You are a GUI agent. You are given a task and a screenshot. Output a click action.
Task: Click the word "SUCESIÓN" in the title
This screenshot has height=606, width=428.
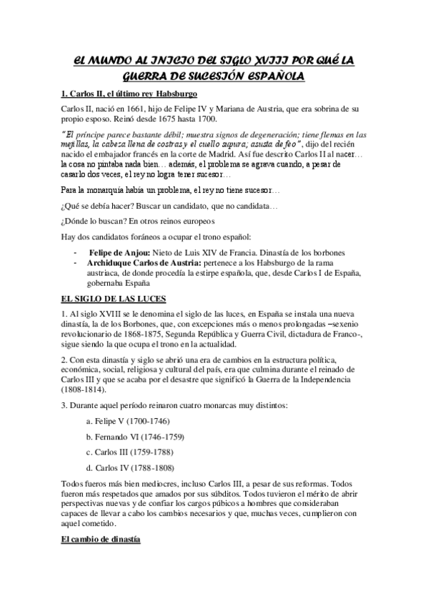point(210,75)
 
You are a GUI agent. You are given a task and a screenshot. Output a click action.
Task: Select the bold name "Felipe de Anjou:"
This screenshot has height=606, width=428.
point(119,253)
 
